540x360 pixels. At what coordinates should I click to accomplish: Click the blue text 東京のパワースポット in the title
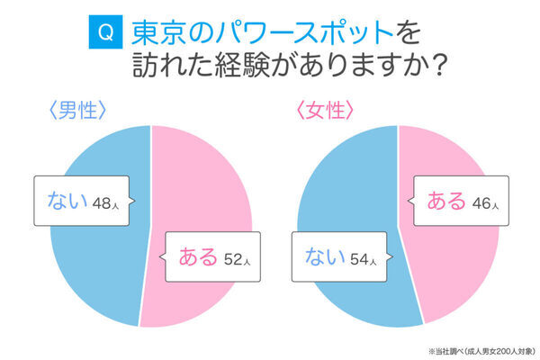262,33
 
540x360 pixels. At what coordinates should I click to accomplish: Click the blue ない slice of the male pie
90,261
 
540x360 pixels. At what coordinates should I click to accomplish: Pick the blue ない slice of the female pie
351,180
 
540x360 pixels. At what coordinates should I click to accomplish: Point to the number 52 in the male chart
231,259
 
